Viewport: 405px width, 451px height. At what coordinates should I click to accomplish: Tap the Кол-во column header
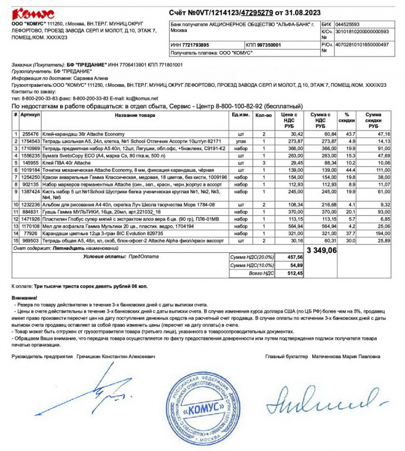(x=263, y=115)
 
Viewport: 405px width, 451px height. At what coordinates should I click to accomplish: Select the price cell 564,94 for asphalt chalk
(x=289, y=226)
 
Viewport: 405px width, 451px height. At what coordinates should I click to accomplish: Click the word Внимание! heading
(x=25, y=298)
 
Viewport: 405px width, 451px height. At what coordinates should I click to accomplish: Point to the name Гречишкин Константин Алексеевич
(x=116, y=356)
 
